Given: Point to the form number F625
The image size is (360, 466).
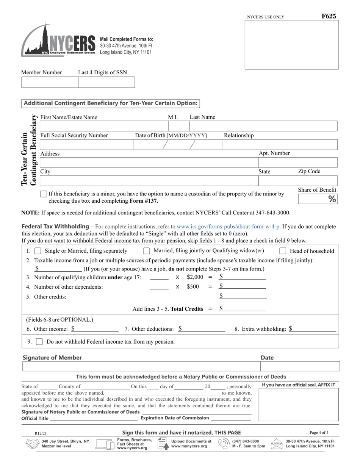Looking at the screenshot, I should coord(329,16).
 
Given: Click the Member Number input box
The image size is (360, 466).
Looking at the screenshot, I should coord(50,82).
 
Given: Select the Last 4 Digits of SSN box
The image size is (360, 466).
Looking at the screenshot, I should coord(106,82).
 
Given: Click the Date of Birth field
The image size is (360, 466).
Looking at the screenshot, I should coord(178,145).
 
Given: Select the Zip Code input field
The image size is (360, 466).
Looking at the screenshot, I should coord(317,181).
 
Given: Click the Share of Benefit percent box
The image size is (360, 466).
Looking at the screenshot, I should coord(317,199).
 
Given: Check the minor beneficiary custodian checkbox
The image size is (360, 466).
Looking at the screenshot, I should coord(44,194).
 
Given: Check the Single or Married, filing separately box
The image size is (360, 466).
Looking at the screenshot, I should coord(38,251).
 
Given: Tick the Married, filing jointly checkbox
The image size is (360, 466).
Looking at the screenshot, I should coord(146,251).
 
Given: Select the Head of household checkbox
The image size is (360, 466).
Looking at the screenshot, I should coord(283,251).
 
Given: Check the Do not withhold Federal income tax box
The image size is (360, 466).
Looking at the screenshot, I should coord(39,342).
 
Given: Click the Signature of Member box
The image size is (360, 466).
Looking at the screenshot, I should coord(141,366).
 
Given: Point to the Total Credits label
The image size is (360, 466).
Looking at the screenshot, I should coord(187,309).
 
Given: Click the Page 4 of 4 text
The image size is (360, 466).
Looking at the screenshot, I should coord(319,432).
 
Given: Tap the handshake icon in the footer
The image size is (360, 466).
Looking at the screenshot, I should coord(32,444).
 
